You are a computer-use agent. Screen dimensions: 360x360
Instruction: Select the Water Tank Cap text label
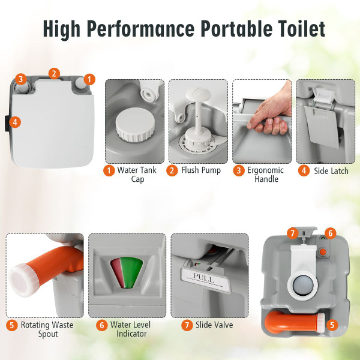137,175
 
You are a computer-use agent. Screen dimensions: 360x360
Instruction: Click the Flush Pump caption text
201,170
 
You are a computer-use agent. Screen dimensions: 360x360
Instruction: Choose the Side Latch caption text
331,171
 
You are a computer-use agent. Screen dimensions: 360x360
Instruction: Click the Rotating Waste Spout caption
47,329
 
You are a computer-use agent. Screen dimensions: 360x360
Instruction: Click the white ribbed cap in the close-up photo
134,127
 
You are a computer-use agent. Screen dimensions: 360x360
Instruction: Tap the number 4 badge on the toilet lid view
16,122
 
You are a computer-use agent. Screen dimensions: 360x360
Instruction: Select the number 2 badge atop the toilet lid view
55,74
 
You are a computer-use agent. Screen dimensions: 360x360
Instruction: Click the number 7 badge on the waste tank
292,232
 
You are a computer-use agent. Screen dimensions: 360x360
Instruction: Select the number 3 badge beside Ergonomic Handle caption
239,170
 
